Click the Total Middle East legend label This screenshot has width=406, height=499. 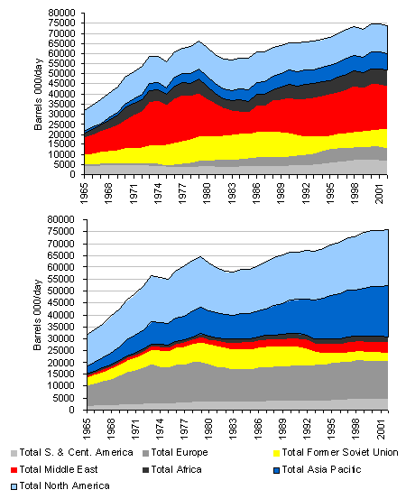[59, 469]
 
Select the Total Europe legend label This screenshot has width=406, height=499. [180, 452]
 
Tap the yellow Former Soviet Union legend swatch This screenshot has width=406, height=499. [276, 453]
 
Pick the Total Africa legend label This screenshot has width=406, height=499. [176, 469]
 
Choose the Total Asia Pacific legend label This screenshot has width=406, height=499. [321, 469]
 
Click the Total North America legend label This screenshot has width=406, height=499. [65, 485]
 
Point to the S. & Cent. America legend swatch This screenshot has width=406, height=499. [14, 453]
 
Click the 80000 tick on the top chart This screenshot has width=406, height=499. [61, 13]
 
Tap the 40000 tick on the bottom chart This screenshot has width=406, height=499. [60, 315]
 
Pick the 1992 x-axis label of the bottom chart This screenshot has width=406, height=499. [308, 429]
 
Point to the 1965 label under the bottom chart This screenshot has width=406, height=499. [87, 429]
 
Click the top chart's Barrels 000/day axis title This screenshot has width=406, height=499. [38, 94]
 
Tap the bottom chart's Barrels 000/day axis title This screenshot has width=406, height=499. [38, 315]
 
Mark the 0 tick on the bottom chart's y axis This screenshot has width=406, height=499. [71, 410]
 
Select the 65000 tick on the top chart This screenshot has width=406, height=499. [61, 43]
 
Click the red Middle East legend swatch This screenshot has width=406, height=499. [14, 470]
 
